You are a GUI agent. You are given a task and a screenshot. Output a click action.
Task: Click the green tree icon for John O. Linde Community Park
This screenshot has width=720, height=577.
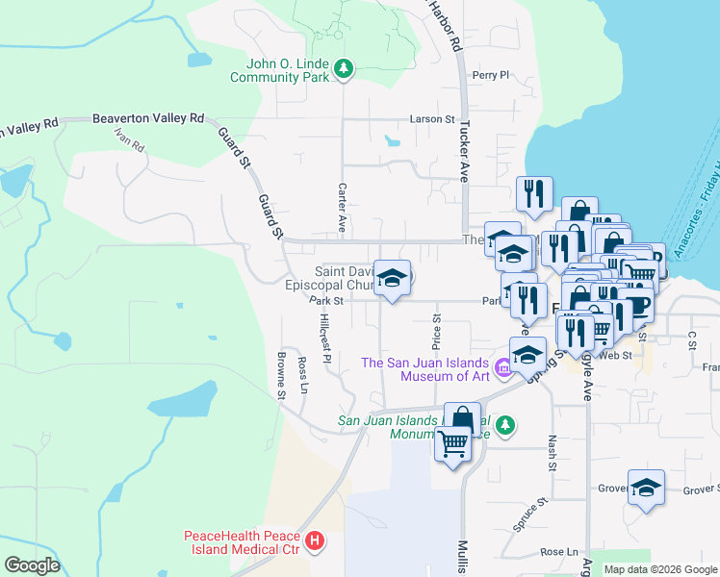pos(343,68)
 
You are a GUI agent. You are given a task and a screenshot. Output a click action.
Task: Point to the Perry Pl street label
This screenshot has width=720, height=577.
pos(489,75)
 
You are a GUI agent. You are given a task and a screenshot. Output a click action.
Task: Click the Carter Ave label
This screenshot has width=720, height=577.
pos(342,209)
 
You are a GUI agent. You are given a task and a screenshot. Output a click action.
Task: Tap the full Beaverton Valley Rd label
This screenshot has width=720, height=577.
pos(148,118)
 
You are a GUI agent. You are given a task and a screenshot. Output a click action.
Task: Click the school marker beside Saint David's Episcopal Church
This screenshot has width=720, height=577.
pos(391,279)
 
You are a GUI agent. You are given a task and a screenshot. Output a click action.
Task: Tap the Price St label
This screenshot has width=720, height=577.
pos(436,332)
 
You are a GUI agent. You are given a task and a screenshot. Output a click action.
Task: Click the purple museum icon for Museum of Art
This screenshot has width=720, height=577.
pos(501,367)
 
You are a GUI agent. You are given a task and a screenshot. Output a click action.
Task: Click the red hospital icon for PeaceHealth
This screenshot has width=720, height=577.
pos(314,541)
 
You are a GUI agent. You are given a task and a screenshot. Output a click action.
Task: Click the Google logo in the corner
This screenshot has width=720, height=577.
pos(33,565)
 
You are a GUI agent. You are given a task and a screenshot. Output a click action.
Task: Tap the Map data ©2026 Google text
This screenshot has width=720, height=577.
pos(659,569)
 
